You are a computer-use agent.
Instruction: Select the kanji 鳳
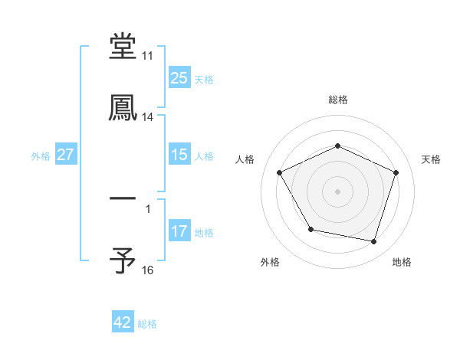[123, 108]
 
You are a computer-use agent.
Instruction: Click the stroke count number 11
[147, 56]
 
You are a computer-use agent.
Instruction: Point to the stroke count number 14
[147, 117]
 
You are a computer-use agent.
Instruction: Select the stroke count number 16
[147, 270]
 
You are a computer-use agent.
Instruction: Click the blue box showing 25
[179, 78]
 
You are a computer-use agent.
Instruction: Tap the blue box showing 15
[179, 155]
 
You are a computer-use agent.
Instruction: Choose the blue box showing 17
[179, 231]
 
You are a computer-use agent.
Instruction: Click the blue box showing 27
[66, 155]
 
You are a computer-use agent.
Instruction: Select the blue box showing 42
[123, 322]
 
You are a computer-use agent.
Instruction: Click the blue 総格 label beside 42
[147, 324]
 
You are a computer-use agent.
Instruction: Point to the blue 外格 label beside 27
[41, 156]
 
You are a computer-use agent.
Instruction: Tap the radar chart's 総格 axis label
[338, 100]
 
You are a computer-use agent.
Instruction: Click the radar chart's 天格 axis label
[431, 159]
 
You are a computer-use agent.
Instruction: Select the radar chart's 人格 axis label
[245, 159]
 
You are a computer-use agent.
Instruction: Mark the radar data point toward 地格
[373, 241]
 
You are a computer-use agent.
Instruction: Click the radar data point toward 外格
[310, 229]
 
